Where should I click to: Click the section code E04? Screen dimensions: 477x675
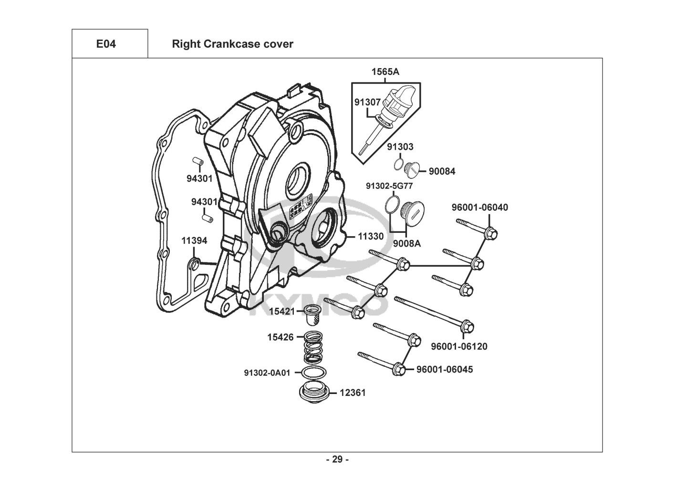coord(106,44)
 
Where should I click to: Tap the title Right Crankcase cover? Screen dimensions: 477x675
coord(232,44)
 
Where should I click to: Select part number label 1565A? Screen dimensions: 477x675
coord(385,72)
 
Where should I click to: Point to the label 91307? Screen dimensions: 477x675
coord(367,102)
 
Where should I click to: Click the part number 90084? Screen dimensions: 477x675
coord(442,171)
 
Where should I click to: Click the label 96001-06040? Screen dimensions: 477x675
coord(479,207)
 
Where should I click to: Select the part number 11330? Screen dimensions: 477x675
coord(370,236)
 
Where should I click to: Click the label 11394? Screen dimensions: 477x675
coord(194,241)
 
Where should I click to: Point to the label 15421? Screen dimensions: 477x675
coord(281,311)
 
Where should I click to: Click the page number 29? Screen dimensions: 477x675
coord(337,460)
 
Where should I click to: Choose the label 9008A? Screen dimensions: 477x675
coord(406,243)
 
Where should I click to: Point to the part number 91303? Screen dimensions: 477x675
coord(400,147)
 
